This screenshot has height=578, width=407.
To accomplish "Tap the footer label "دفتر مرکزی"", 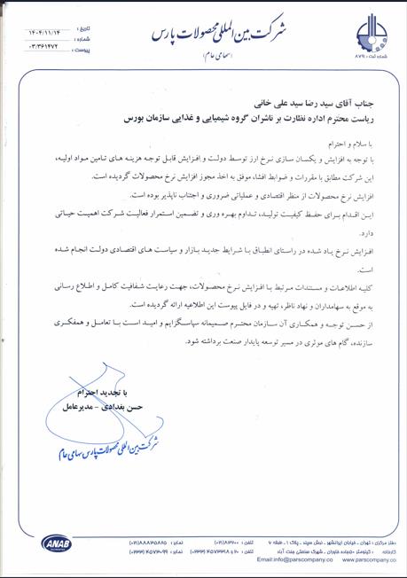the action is [384, 540].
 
